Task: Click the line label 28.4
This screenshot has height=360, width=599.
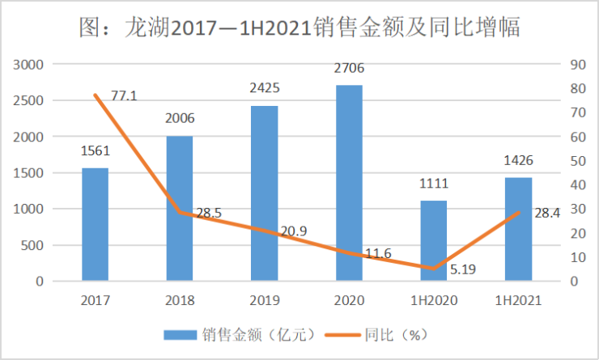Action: [x=546, y=213]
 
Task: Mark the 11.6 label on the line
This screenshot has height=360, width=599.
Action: [x=376, y=253]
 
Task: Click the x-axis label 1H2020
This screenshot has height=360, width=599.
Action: [x=434, y=300]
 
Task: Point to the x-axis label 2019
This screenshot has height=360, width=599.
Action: [x=264, y=300]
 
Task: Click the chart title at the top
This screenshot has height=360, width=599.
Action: [x=299, y=27]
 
